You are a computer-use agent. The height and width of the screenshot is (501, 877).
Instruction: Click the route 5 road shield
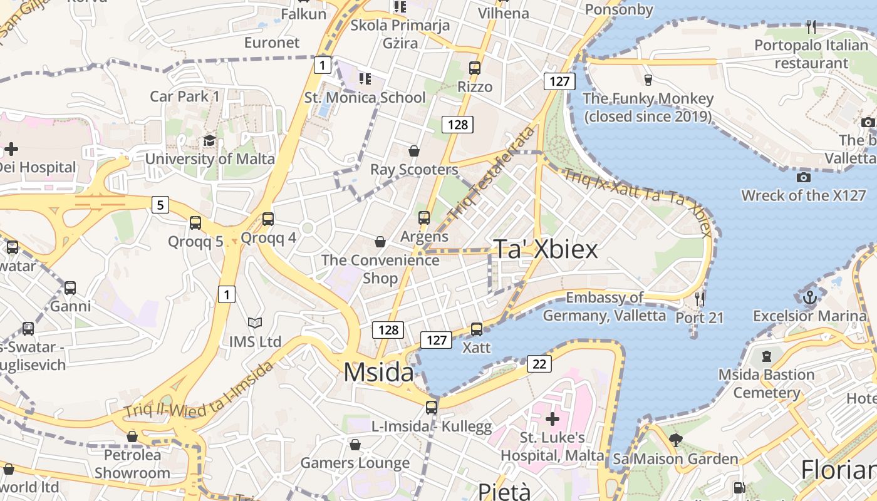[x=160, y=204]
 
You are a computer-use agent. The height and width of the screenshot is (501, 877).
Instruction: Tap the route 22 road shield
[x=539, y=363]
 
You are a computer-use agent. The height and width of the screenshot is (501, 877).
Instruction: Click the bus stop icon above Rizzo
[x=475, y=68]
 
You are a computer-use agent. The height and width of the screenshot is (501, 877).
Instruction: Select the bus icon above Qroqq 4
[x=268, y=219]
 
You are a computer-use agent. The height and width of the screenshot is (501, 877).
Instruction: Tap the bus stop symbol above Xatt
[x=477, y=329]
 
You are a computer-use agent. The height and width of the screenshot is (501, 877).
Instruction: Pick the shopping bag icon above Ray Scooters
[x=413, y=151]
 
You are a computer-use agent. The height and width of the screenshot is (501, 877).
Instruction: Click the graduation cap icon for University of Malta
[x=209, y=141]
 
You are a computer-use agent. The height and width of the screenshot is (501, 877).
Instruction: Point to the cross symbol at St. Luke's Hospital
[x=552, y=418]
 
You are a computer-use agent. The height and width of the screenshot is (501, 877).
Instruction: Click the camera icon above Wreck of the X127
[x=804, y=177]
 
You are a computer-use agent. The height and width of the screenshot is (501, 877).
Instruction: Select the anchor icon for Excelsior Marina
[x=809, y=296]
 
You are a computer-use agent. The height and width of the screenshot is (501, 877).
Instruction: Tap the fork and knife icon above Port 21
[x=700, y=299]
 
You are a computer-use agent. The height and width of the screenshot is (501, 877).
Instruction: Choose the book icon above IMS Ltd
[x=254, y=323]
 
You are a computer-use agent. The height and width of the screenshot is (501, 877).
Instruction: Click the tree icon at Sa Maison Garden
[x=675, y=440]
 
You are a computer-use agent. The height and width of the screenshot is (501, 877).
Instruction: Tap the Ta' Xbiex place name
[x=546, y=249]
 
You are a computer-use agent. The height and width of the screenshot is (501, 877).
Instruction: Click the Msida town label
[x=378, y=373]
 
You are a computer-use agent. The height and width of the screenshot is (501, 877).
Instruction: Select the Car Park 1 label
[x=185, y=96]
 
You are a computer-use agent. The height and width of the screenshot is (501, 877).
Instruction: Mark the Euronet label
[x=272, y=43]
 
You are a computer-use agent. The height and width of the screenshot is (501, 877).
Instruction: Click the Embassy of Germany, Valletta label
[x=605, y=307]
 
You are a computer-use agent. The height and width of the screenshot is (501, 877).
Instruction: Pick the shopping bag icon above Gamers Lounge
[x=355, y=445]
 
